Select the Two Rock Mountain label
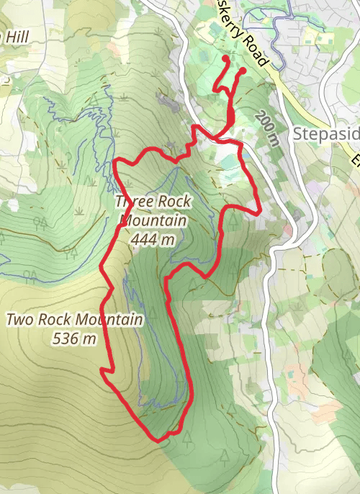click(75, 319)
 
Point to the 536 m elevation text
click(75, 338)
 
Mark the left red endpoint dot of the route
click(225, 58)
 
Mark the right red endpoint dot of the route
click(243, 71)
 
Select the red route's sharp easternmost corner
click(258, 213)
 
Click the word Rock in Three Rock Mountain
click(171, 202)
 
